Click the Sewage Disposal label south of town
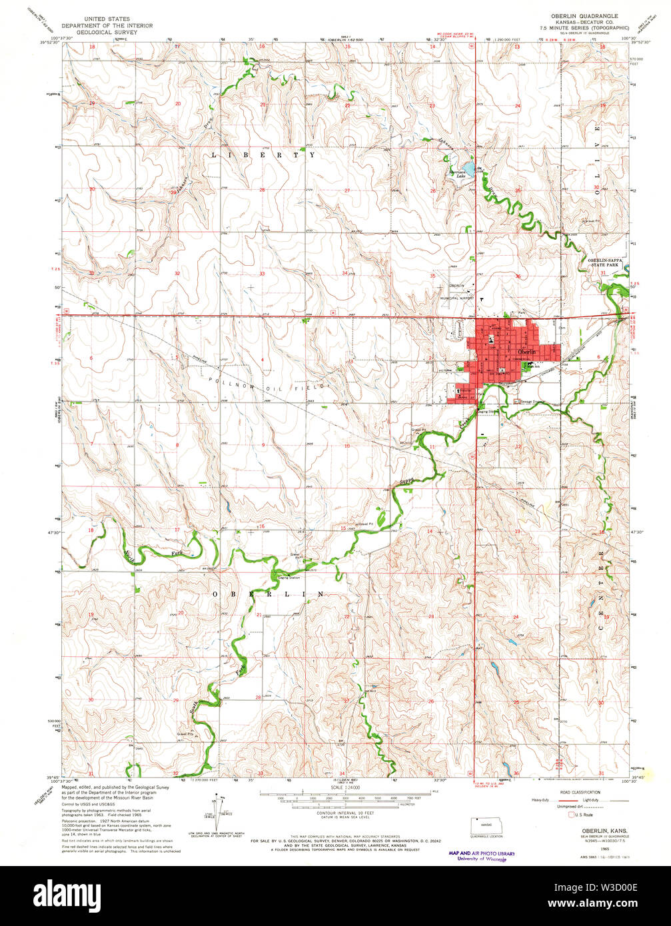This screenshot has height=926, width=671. pyautogui.click(x=535, y=401)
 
